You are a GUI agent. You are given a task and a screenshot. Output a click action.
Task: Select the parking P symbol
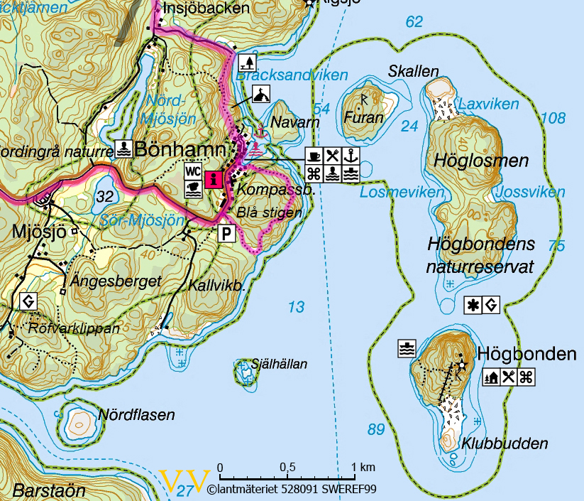pos(226,234)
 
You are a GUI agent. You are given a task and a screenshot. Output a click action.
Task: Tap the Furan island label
pos(363,118)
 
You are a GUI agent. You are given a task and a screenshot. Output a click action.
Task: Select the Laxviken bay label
pos(489,104)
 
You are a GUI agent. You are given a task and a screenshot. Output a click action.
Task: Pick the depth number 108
pos(553,118)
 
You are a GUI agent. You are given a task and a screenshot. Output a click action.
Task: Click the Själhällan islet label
pos(280,365)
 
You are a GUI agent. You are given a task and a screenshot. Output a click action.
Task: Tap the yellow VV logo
pos(185,481)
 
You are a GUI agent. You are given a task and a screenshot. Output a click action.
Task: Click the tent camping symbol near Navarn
pos(261,93)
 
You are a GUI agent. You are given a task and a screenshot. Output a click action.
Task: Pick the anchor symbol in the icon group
pos(350,156)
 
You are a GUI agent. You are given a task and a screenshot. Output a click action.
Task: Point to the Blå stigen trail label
pos(270,212)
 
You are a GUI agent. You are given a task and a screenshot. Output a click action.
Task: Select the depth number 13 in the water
pos(296,307)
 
